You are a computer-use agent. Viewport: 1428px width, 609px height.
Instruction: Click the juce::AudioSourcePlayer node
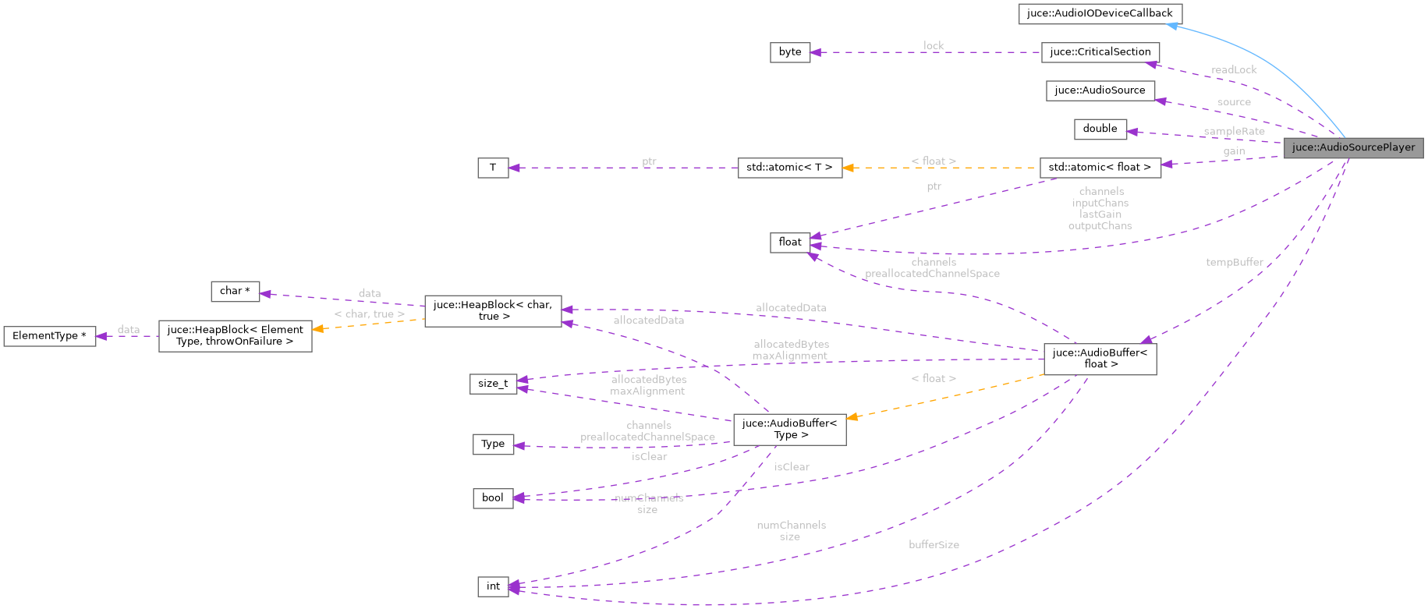click(x=1353, y=147)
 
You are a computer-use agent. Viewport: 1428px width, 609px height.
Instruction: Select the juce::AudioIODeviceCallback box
click(x=1100, y=13)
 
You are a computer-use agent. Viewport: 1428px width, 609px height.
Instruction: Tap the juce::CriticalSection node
click(x=1100, y=52)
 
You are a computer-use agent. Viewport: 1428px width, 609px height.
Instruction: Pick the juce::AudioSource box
click(x=1100, y=90)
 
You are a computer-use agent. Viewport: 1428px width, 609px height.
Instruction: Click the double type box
click(x=1100, y=129)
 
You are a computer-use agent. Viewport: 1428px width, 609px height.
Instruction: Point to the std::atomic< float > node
click(x=1100, y=167)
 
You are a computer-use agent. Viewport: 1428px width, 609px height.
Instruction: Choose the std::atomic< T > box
click(x=789, y=167)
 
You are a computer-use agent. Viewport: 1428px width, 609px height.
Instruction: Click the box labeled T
click(x=493, y=167)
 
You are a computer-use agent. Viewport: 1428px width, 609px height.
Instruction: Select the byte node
click(x=789, y=52)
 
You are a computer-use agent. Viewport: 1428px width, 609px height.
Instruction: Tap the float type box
click(x=789, y=243)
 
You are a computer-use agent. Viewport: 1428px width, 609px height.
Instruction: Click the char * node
click(x=235, y=291)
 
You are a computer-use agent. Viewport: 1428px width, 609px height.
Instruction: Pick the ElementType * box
click(x=49, y=336)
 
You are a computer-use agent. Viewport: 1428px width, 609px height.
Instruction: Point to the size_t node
click(x=493, y=384)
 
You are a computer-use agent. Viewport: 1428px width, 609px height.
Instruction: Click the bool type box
click(x=493, y=497)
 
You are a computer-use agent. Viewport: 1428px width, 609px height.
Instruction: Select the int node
click(x=493, y=586)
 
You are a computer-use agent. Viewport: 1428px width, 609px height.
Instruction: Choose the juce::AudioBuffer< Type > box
click(x=789, y=429)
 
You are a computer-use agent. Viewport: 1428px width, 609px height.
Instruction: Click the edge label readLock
click(x=1234, y=70)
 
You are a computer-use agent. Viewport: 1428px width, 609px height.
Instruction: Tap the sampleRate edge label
click(x=1234, y=131)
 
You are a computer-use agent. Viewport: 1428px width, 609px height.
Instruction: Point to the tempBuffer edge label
click(x=1234, y=262)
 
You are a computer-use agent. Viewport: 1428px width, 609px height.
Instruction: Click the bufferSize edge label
click(x=934, y=544)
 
